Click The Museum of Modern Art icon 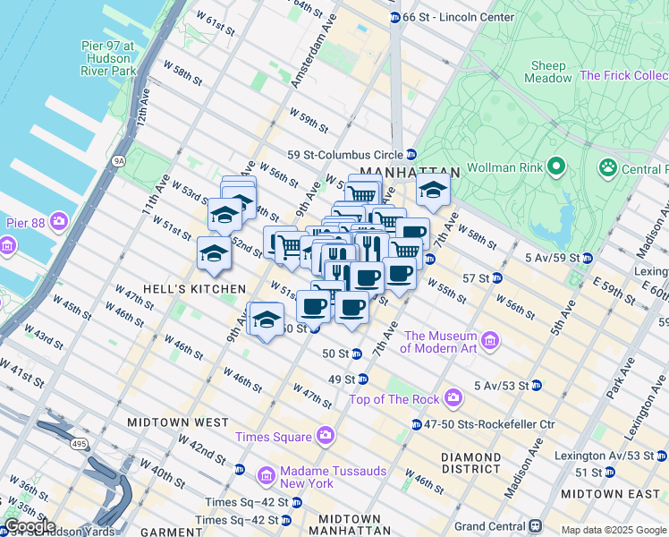click(x=489, y=340)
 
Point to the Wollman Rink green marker click(x=555, y=166)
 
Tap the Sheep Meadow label click(x=550, y=72)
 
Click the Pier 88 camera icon click(x=59, y=220)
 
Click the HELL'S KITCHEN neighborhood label click(x=180, y=289)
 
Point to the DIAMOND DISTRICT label click(x=470, y=463)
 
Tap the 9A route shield click(x=118, y=162)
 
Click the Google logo click(x=30, y=526)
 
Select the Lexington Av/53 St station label click(x=602, y=456)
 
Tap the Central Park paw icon click(x=608, y=167)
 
